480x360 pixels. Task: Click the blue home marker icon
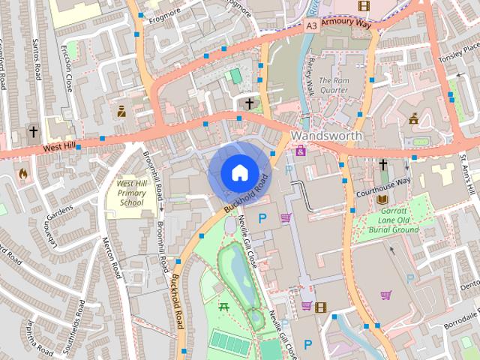238,173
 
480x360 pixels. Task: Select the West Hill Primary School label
131,193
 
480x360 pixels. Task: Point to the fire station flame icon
22,173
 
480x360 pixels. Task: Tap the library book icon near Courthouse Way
382,199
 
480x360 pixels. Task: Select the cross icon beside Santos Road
33,131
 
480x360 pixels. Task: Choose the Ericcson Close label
69,72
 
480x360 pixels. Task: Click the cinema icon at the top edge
364,6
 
